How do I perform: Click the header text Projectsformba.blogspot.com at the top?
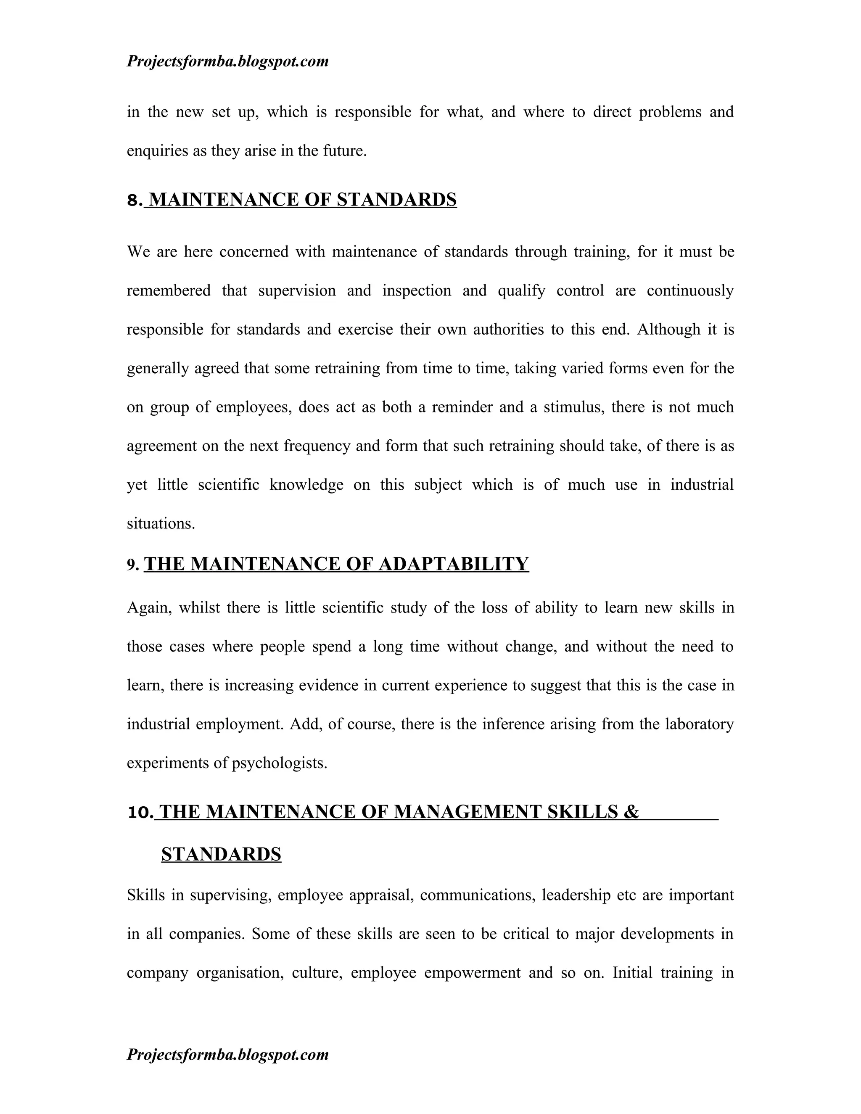pos(227,62)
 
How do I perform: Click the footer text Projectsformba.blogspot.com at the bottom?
pos(227,1054)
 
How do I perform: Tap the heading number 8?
pos(134,201)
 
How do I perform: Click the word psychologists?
pos(279,763)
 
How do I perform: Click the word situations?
pos(161,524)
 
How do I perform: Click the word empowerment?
pos(472,973)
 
